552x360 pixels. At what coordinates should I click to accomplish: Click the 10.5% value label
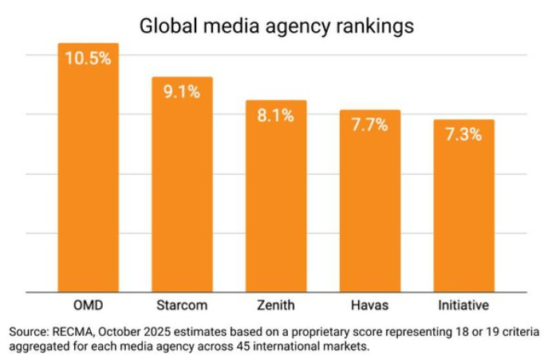[x=88, y=60]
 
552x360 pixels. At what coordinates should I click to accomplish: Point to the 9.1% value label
[x=182, y=92]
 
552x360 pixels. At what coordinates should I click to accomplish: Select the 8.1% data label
[x=276, y=115]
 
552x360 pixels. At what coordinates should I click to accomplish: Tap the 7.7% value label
[x=369, y=125]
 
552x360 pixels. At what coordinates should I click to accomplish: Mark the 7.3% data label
[x=463, y=134]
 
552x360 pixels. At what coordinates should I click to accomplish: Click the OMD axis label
[x=88, y=306]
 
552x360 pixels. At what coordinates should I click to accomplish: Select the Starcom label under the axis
[x=182, y=306]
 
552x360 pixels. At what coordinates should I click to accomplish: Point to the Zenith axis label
[x=276, y=306]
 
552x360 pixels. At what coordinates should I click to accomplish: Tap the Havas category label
[x=369, y=306]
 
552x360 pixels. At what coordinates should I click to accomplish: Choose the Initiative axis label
[x=463, y=306]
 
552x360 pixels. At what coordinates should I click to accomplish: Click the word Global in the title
[x=166, y=25]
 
